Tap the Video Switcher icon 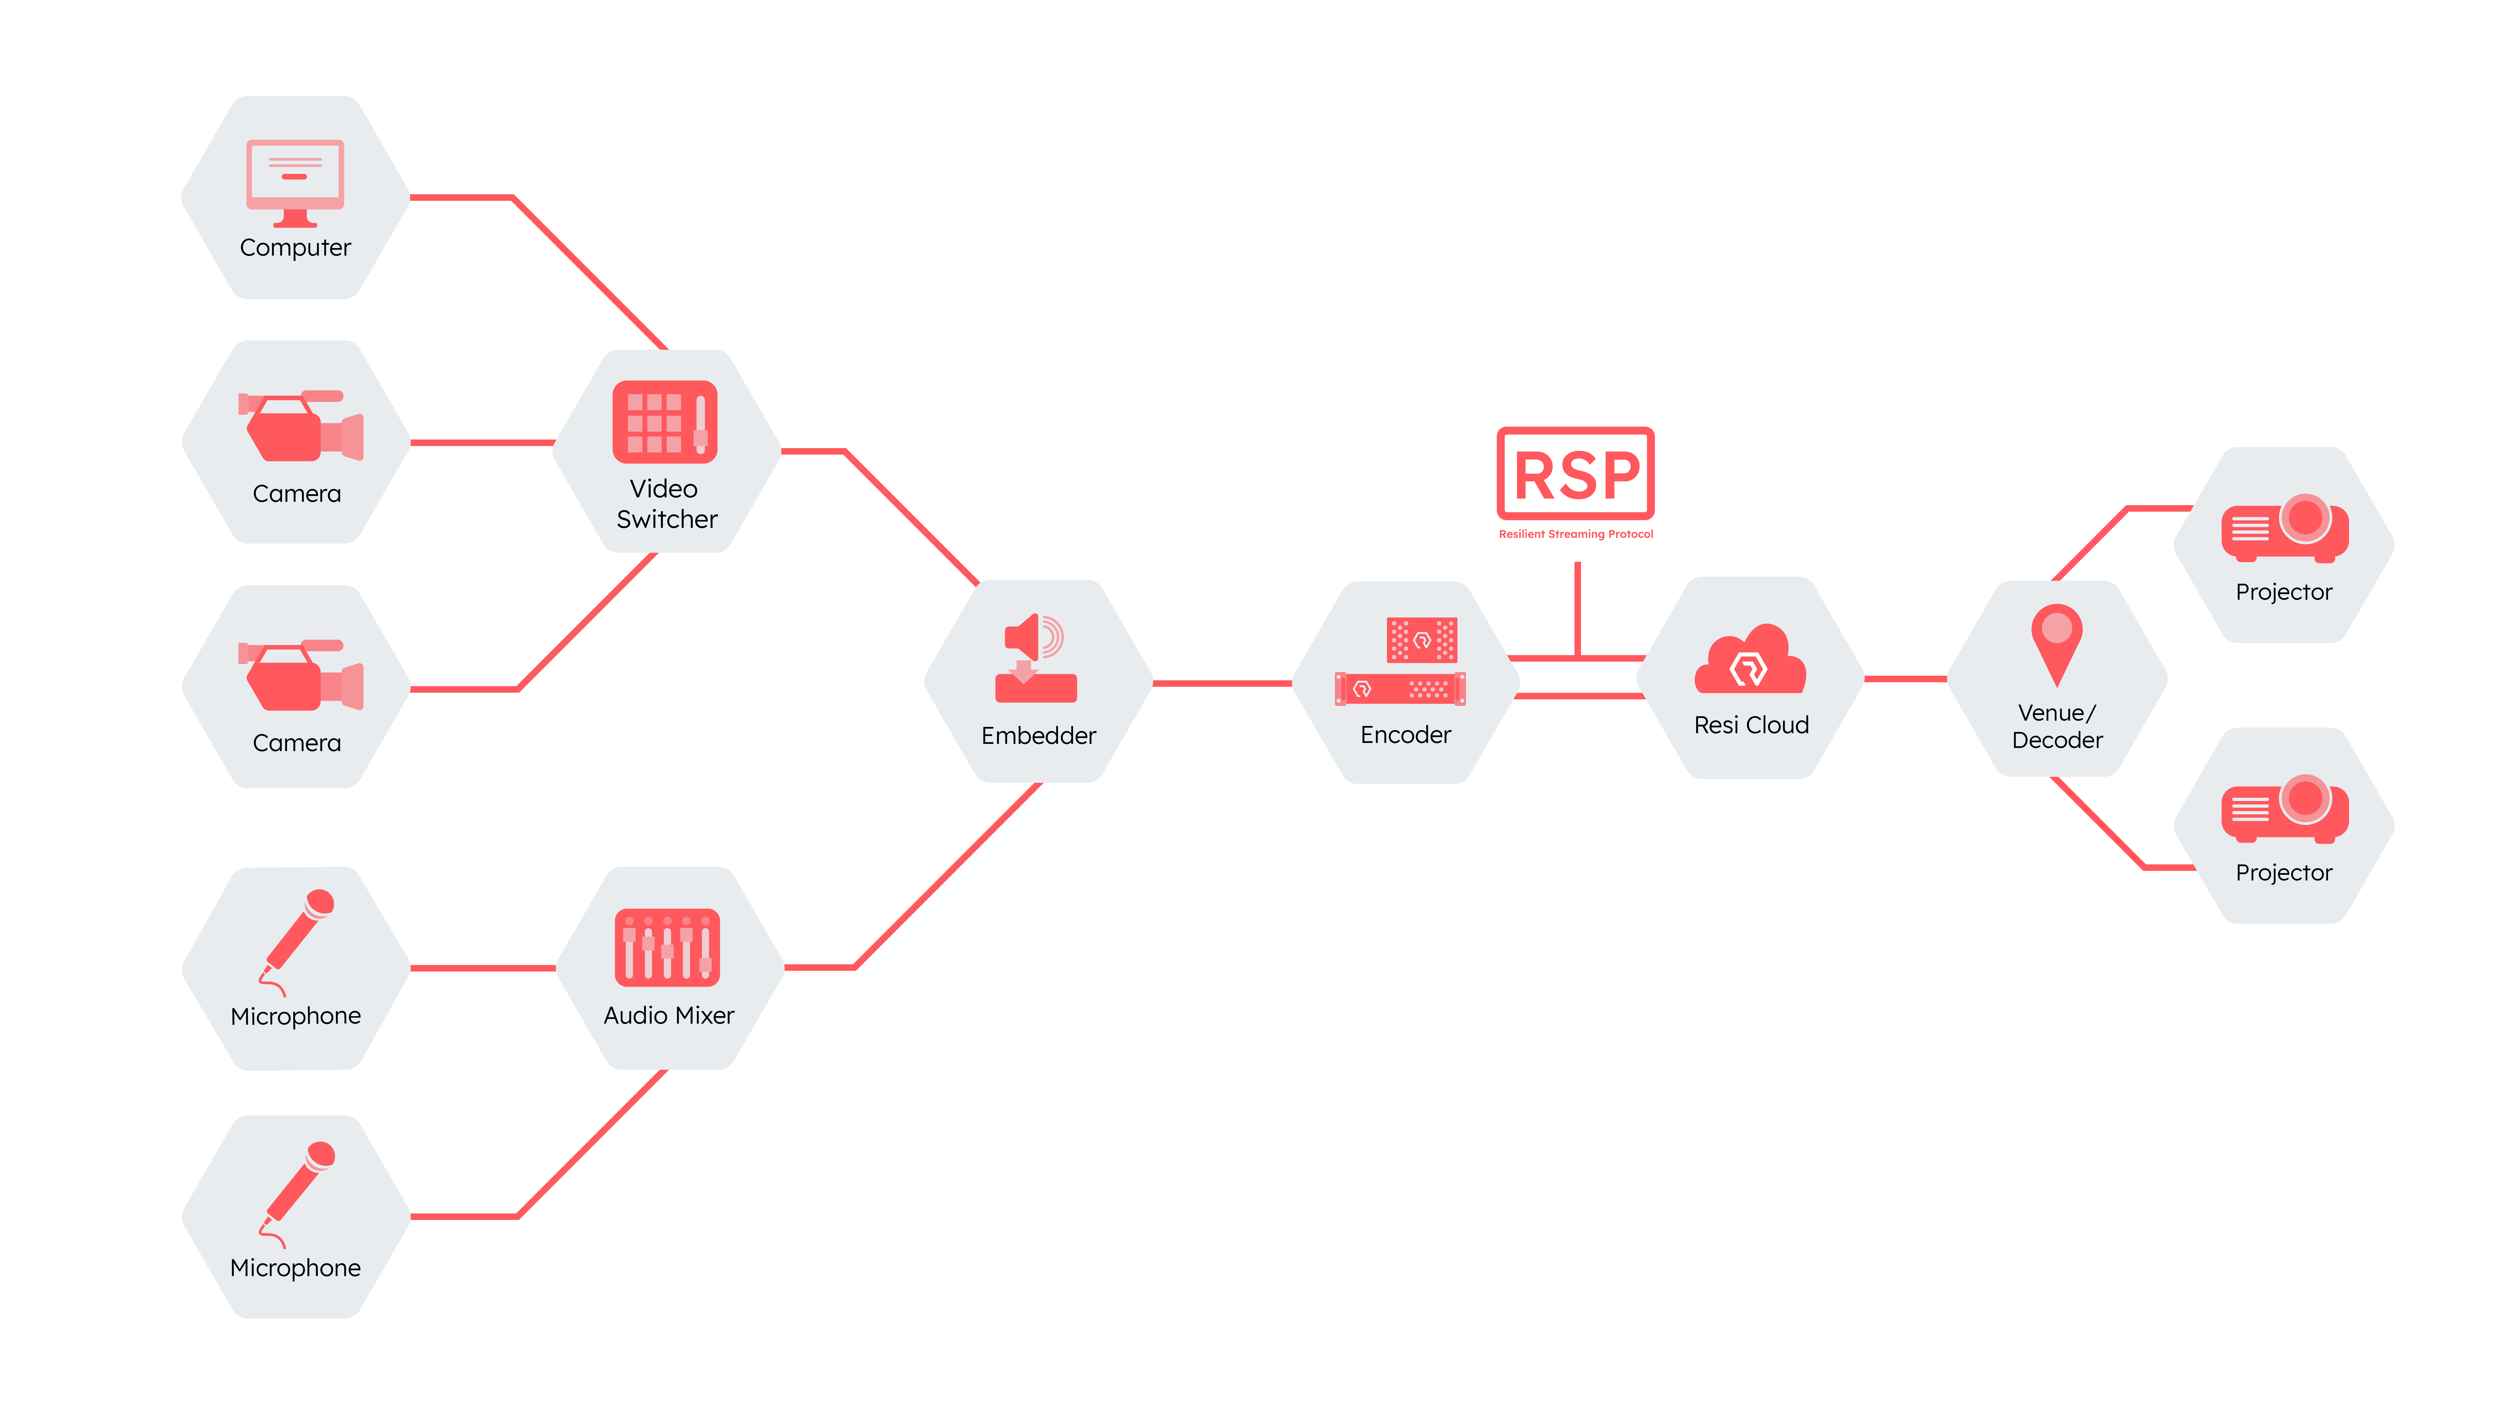click(665, 421)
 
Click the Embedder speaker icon click(1035, 658)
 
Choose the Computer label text click(295, 248)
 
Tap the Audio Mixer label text click(669, 1015)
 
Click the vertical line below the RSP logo click(1577, 609)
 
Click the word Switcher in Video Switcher click(667, 519)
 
